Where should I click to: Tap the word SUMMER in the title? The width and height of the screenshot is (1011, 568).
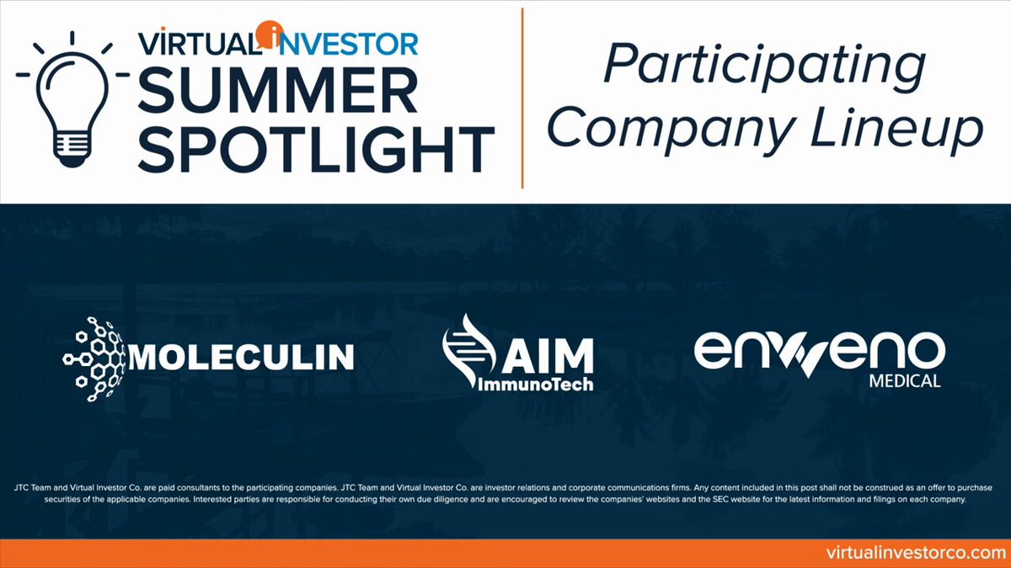[277, 90]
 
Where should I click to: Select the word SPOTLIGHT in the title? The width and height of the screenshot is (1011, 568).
[316, 149]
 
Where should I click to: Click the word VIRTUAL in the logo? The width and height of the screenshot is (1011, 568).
[200, 44]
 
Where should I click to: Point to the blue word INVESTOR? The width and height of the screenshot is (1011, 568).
[348, 44]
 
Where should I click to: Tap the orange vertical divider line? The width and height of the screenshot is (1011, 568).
[522, 98]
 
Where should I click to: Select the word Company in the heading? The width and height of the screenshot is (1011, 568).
[671, 130]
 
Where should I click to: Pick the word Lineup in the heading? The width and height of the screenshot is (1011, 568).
[896, 129]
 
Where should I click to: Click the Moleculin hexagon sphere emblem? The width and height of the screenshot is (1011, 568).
[94, 358]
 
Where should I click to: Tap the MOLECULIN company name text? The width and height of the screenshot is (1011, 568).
[242, 357]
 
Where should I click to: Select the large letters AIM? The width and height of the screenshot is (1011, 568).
[548, 356]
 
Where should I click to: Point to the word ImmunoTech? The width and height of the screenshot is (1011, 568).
[535, 385]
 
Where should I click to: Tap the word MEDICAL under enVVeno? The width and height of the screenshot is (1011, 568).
[905, 381]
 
